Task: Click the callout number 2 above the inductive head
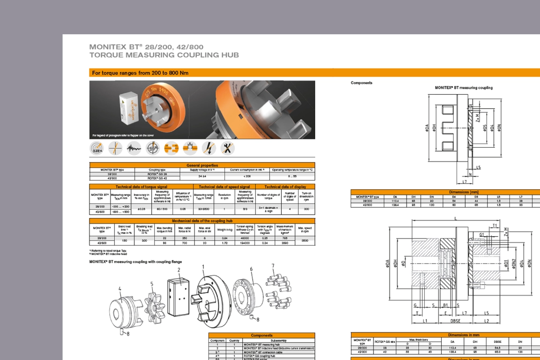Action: pyautogui.click(x=179, y=270)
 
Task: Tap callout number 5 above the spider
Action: pyautogui.click(x=151, y=284)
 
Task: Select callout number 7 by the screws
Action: pyautogui.click(x=273, y=266)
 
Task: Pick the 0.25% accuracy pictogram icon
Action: pyautogui.click(x=97, y=149)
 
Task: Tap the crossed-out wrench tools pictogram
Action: pyautogui.click(x=227, y=149)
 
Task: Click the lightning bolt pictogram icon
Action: pyautogui.click(x=209, y=149)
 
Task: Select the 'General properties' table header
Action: pyautogui.click(x=202, y=165)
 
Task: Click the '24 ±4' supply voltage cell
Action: pyautogui.click(x=202, y=176)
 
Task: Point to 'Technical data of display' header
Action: pyautogui.click(x=285, y=187)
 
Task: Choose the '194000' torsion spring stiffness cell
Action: pyautogui.click(x=244, y=243)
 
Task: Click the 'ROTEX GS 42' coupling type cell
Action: pyautogui.click(x=157, y=178)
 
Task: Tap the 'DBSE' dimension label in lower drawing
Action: pyautogui.click(x=455, y=321)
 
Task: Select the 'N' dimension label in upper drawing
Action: pyautogui.click(x=470, y=175)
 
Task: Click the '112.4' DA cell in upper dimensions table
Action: pyautogui.click(x=395, y=201)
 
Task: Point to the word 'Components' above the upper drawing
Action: pyautogui.click(x=361, y=83)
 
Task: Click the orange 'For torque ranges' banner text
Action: pyautogui.click(x=140, y=73)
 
